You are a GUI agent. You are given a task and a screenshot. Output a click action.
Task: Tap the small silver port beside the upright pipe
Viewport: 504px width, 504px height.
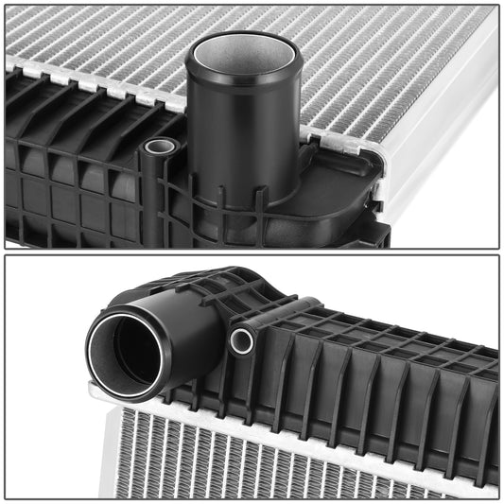161,147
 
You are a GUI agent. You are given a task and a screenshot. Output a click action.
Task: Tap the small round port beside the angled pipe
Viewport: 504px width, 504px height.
241,340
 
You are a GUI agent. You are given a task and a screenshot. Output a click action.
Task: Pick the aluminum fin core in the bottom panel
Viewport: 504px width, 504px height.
284,463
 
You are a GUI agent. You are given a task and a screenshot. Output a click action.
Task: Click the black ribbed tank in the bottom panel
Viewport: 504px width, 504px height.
378,378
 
